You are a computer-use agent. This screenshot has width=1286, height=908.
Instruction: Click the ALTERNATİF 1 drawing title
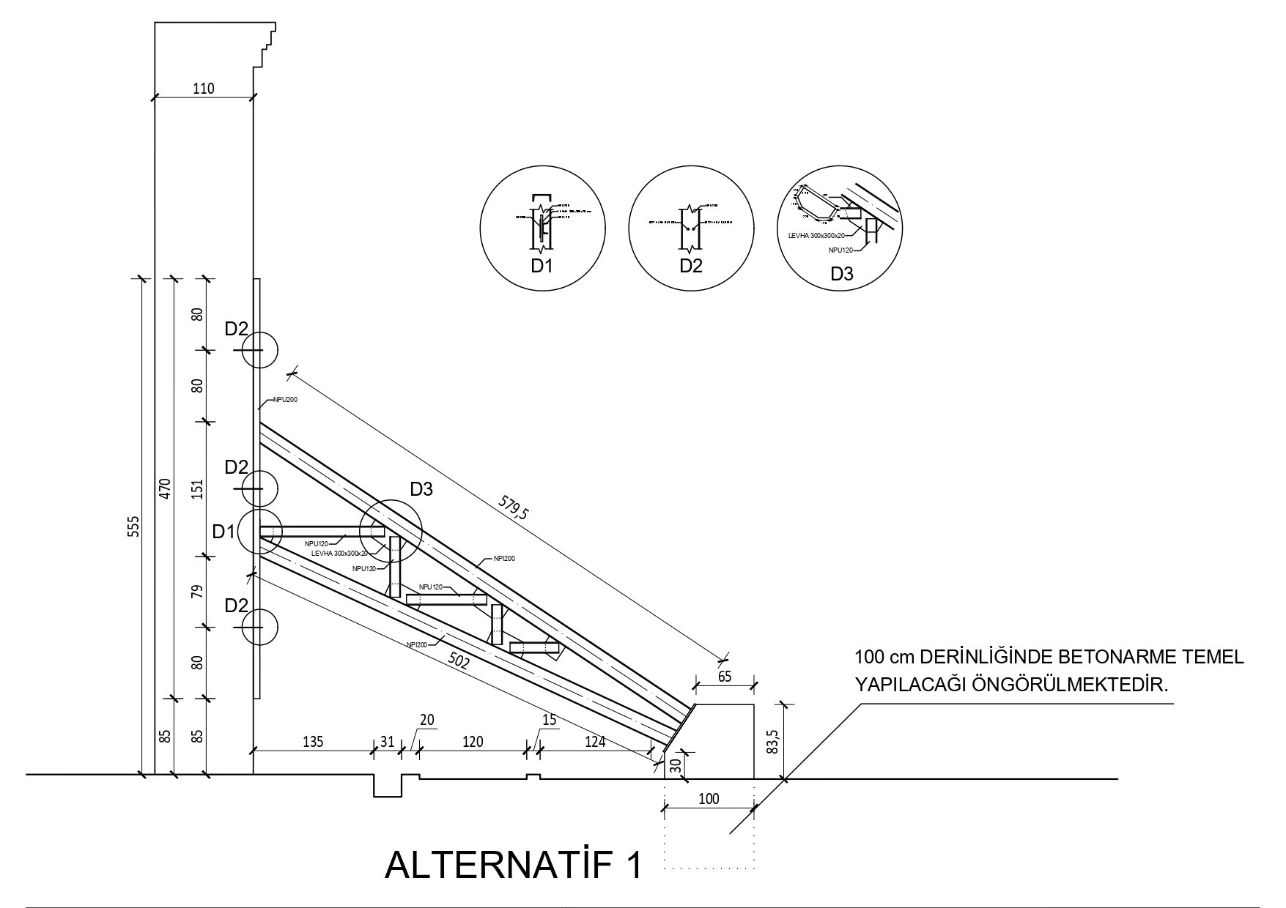click(513, 865)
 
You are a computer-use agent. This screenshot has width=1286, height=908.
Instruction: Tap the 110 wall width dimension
click(203, 89)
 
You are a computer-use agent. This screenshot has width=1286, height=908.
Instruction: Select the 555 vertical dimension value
click(133, 526)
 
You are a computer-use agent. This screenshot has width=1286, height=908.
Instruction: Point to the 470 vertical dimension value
click(165, 488)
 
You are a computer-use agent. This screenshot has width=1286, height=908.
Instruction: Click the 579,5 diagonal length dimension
click(513, 507)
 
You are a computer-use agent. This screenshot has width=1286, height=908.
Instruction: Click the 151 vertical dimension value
click(196, 489)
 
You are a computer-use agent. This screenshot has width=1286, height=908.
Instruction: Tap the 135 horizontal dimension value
click(314, 742)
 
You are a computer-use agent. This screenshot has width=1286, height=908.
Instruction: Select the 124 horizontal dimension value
click(595, 742)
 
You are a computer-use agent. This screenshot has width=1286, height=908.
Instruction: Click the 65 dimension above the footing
click(724, 677)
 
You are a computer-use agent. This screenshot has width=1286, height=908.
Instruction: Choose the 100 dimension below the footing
click(709, 798)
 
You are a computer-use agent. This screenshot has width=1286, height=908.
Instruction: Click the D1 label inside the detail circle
click(542, 266)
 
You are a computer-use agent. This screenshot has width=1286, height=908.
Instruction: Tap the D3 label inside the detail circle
click(841, 275)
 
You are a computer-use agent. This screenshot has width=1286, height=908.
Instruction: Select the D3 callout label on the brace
click(421, 489)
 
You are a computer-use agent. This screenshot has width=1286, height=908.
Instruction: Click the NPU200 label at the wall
click(285, 399)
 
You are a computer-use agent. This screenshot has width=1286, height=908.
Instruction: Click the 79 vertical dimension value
click(196, 592)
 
